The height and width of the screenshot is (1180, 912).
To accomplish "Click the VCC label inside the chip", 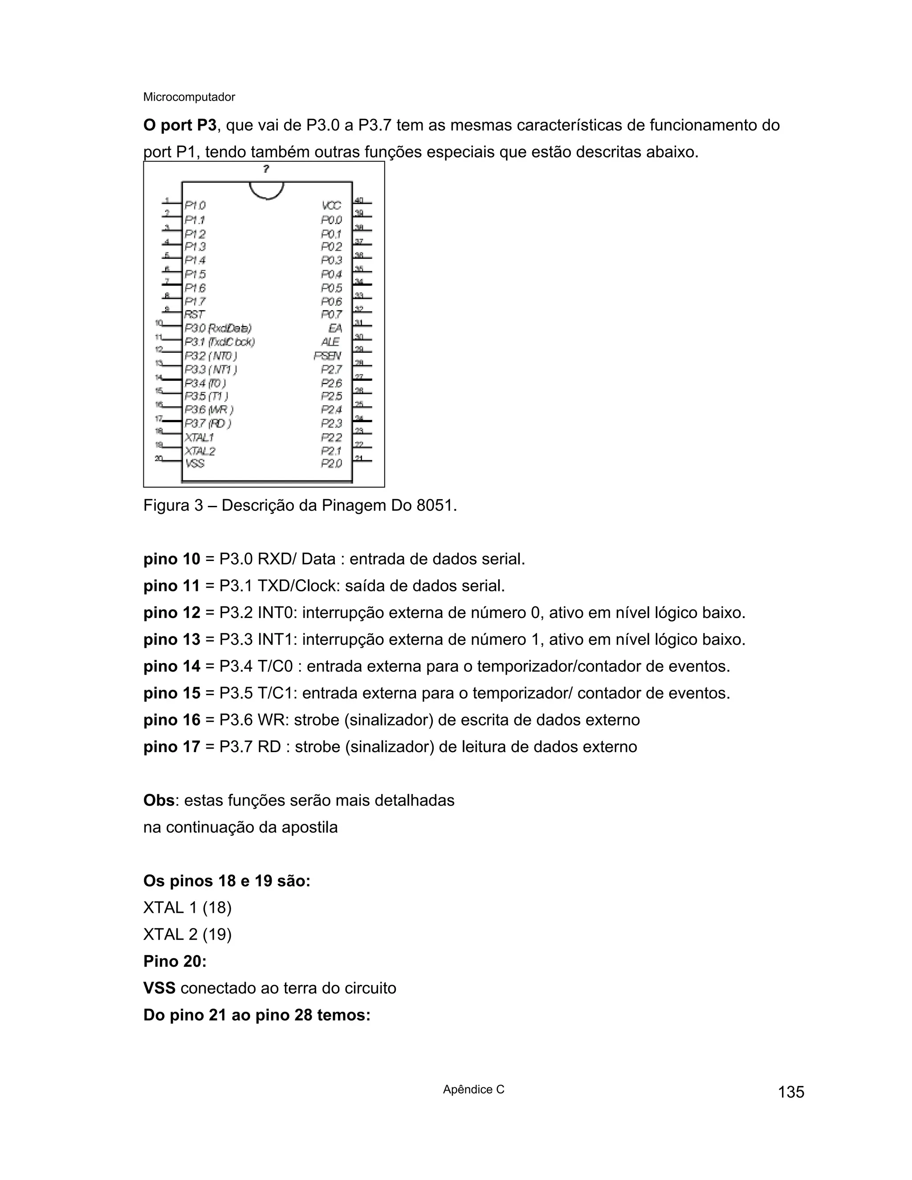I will tap(331, 206).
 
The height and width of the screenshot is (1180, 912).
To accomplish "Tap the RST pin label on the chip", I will tap(195, 314).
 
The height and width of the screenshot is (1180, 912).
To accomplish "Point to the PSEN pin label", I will tap(328, 355).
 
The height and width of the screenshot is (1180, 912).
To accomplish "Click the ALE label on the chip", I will tap(330, 342).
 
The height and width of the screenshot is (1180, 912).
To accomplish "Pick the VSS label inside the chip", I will tap(195, 464).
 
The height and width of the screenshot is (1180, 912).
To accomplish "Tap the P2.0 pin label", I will tap(331, 464).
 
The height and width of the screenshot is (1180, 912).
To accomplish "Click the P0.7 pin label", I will tap(331, 314).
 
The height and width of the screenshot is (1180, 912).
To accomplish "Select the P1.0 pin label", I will tap(195, 205).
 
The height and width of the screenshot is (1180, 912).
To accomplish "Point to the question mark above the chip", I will tap(266, 169).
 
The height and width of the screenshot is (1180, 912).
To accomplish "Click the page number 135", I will tap(791, 1092).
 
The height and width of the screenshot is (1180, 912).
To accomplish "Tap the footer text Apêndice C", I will tap(473, 1089).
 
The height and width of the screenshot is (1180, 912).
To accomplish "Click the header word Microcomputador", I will tap(189, 97).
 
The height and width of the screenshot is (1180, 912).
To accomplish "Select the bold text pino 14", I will tap(172, 666).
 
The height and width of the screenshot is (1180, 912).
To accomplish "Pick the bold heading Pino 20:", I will tap(175, 961).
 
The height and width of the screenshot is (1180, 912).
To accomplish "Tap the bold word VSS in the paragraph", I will tap(159, 988).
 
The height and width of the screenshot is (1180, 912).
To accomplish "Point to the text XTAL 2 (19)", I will tap(187, 934).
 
